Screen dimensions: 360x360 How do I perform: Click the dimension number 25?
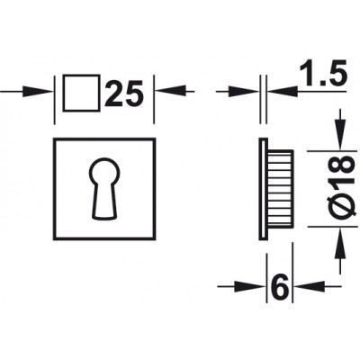[124, 94]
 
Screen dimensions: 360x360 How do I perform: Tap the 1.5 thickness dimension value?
[323, 72]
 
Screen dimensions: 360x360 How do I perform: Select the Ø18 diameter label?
[343, 186]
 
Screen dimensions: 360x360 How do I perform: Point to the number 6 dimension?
[280, 286]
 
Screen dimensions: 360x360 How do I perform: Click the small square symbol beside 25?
[81, 93]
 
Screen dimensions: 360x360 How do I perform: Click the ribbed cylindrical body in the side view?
[280, 188]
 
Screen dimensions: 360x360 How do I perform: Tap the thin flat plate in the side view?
[263, 189]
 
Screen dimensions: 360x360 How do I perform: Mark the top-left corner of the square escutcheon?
[54, 139]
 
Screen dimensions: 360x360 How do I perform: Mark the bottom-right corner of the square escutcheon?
[155, 239]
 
